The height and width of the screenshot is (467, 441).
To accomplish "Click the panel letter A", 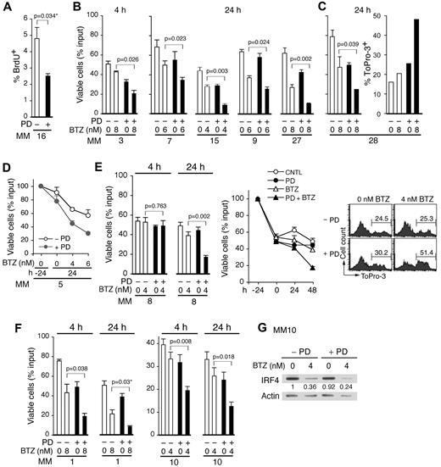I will click(7, 7).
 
